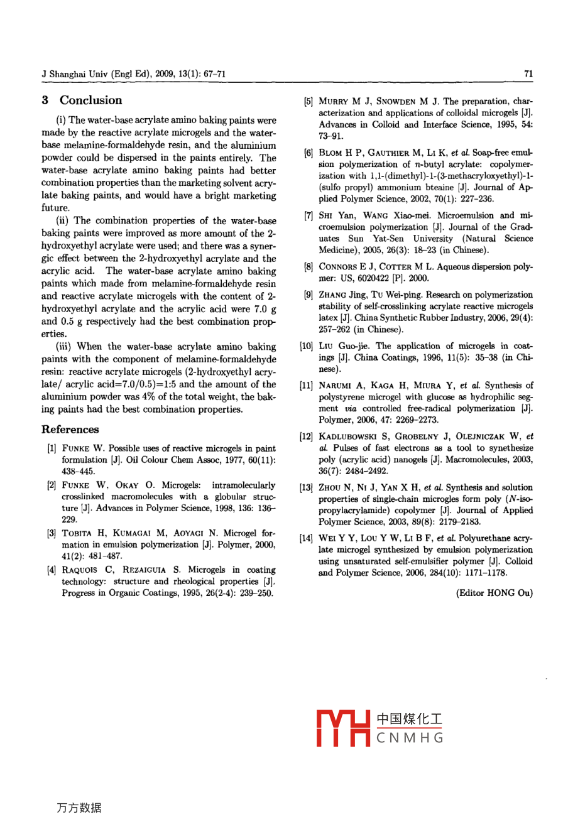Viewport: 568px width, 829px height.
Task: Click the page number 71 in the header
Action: (x=528, y=73)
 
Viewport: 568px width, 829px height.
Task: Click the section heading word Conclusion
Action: (x=91, y=100)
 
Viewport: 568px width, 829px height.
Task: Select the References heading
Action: (x=70, y=430)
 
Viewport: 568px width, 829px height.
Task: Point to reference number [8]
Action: (x=309, y=267)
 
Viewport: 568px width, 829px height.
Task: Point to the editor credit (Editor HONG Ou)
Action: (x=494, y=593)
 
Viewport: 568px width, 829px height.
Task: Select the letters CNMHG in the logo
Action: (x=410, y=738)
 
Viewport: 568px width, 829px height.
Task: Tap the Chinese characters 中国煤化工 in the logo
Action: (x=410, y=719)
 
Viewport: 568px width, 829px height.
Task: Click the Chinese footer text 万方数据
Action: (x=79, y=808)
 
